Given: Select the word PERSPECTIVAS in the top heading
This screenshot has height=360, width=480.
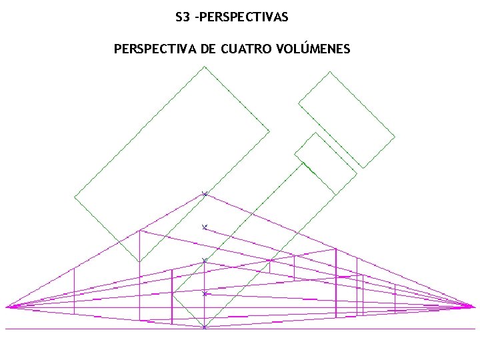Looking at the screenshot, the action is click(243, 17).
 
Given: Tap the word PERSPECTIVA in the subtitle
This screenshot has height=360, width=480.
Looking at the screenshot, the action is click(155, 49).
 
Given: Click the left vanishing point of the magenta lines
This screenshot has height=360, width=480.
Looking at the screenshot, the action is click(7, 307).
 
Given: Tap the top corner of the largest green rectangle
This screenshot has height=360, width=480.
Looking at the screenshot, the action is click(204, 66).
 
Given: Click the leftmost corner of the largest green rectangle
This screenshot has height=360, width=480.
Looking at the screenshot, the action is click(74, 197).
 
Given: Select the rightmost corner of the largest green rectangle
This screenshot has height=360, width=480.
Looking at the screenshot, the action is click(269, 131).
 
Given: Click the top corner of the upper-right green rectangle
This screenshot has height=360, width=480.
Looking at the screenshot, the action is click(330, 72).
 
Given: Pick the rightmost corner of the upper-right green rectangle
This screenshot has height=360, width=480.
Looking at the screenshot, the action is click(395, 137).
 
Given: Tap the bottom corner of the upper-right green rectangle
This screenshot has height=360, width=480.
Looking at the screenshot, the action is click(363, 167).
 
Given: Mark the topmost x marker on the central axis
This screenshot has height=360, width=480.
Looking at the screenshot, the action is click(205, 194).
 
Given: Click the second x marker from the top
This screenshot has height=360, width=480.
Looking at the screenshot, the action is click(205, 227).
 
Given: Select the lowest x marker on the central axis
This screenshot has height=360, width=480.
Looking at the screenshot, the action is click(205, 327).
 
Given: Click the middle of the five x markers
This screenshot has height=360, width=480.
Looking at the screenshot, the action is click(205, 260).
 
